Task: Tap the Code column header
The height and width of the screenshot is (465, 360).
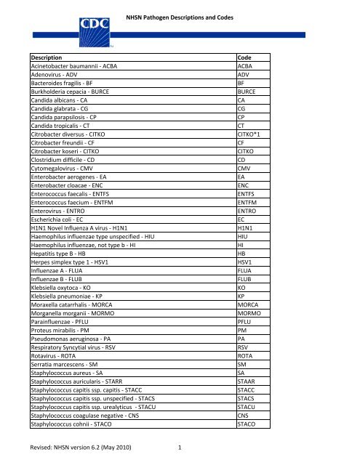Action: pyautogui.click(x=247, y=57)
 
